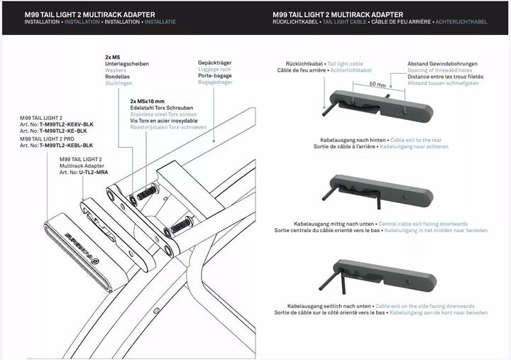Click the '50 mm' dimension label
378,84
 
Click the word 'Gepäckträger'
214,62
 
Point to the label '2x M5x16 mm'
148,102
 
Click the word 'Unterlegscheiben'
127,63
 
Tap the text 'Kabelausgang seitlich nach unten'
336,306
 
